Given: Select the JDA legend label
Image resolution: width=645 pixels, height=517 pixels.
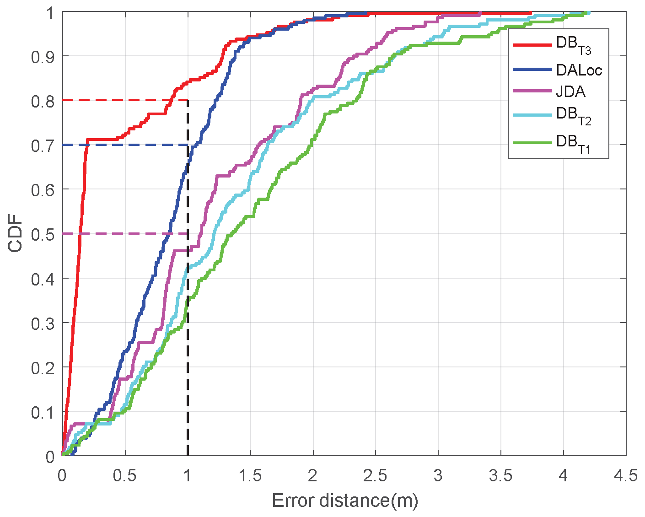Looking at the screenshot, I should point(570,92).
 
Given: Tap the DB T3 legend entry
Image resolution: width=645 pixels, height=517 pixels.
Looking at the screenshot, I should point(574,45).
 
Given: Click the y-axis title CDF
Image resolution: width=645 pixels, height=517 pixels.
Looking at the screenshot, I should point(16,235).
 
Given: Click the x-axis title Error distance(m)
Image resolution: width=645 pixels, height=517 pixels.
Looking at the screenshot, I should point(345,501).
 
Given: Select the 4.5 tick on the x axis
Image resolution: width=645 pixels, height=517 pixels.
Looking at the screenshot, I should point(626,476).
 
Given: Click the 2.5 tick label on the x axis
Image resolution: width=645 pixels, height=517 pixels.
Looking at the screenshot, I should point(375,476).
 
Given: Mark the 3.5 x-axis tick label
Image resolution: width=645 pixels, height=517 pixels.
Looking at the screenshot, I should point(500,476).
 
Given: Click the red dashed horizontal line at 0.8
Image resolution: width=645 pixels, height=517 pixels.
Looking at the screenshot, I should point(124,100).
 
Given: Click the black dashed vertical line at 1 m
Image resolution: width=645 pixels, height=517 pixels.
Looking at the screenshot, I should point(188,366).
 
